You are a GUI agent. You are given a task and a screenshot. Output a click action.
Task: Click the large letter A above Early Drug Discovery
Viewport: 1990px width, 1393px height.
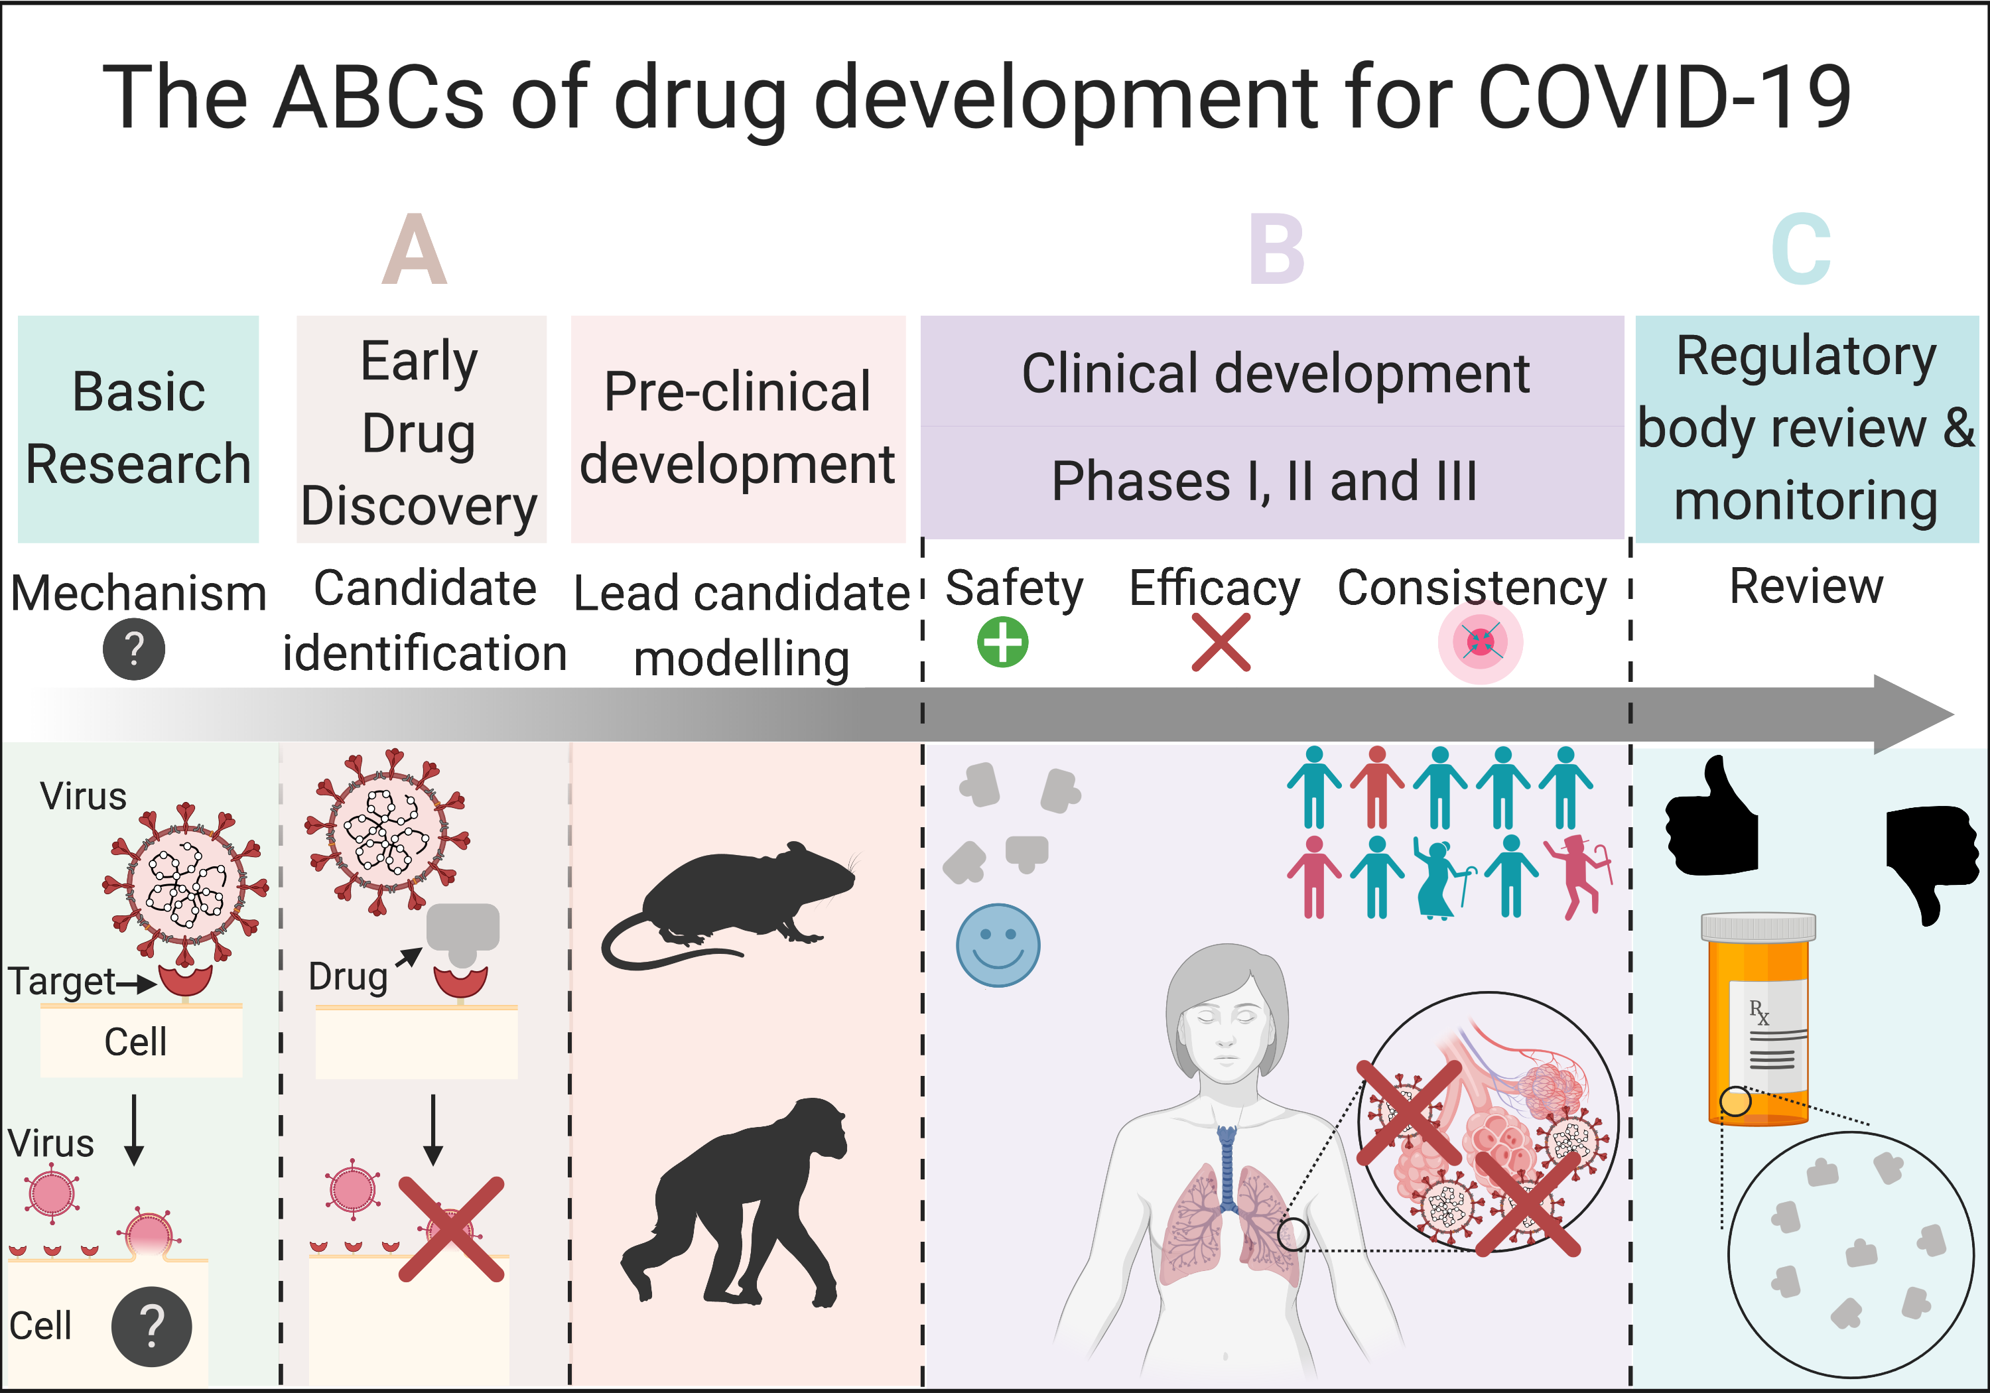415,249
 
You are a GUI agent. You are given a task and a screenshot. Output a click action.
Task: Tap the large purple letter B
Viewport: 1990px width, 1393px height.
1277,249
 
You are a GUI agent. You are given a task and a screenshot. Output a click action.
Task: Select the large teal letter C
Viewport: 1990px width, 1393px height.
1801,249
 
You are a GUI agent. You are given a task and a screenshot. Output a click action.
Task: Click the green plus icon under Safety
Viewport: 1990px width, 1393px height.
1003,642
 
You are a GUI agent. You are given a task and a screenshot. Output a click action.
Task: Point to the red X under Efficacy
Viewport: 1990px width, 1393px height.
1221,642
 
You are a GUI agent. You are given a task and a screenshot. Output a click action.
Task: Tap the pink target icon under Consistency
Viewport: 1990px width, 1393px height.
1481,642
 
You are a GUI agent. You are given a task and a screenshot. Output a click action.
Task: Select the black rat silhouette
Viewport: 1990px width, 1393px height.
728,906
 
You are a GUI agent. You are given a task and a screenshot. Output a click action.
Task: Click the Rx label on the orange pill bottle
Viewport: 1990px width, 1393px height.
1759,1012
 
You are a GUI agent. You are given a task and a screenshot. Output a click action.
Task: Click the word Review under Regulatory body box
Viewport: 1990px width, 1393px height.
1806,587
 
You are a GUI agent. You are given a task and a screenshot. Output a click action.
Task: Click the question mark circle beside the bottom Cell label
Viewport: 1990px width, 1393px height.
152,1326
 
